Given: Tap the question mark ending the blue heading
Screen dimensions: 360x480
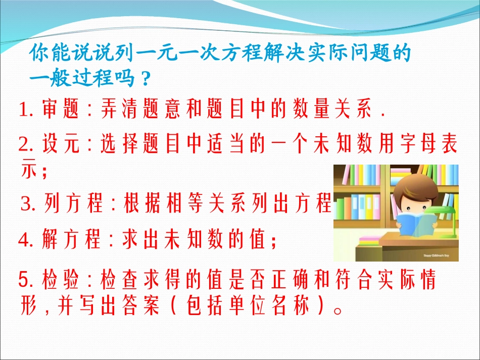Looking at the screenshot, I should click(x=145, y=78).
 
